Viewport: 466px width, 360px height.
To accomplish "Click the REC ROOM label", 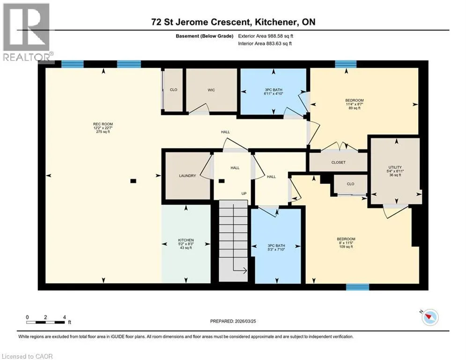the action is coord(103,124).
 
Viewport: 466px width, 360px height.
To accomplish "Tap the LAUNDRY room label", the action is coord(187,176).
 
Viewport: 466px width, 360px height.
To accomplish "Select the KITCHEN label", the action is coord(186,240).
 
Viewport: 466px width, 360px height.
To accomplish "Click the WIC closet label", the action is coord(211,90).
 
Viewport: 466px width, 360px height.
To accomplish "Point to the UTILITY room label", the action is coord(395,167).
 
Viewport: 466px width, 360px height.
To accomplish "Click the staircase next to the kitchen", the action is coord(233,240).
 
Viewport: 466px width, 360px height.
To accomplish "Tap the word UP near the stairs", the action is coord(244,194).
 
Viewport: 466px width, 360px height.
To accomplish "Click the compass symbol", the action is coord(430,317).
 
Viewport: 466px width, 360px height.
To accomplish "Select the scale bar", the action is coord(45,322).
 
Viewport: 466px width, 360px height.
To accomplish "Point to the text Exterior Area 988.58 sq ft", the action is coord(266,36).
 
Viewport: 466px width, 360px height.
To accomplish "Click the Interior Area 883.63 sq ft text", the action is coord(265,44).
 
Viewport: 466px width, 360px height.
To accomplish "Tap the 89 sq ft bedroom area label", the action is coord(355,108).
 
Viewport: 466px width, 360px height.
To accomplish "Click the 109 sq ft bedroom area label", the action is coord(346,247).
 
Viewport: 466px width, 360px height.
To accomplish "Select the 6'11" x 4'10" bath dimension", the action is coord(274,93).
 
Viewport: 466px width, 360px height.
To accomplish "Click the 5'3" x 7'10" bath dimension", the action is coord(276,250).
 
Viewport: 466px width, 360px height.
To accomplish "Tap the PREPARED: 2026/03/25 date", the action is coord(233,321).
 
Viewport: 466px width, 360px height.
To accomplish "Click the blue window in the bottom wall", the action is coord(357,287).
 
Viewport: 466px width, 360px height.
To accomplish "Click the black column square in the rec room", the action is coord(133,181).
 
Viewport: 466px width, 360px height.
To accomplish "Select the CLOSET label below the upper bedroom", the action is coord(338,163).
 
